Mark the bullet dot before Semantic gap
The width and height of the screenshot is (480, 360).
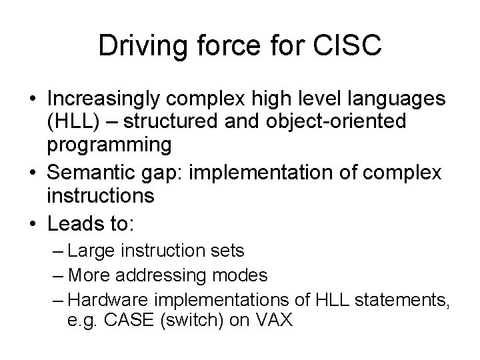pos(33,173)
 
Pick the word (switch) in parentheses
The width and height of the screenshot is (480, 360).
pos(183,321)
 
